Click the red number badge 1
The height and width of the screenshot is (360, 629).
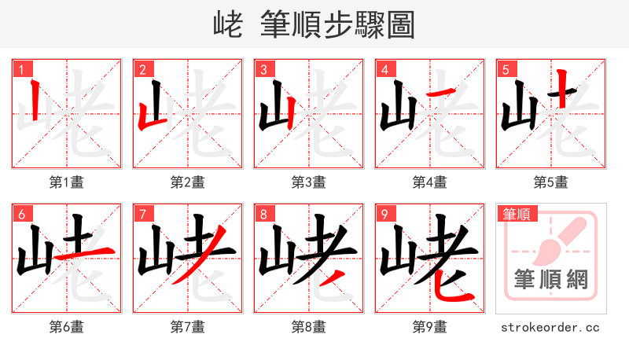20,69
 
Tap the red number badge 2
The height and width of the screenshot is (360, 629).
142,69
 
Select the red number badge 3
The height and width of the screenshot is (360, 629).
263,69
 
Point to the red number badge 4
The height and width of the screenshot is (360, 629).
384,69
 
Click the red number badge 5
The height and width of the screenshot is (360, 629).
505,69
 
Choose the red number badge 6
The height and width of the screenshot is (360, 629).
20,214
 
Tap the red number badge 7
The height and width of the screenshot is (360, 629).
142,214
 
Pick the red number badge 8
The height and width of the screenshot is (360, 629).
263,214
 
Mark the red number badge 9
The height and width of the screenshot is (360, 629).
384,214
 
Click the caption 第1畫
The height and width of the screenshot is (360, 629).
66,182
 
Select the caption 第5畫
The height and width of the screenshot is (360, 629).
550,182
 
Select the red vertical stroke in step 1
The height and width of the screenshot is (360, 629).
35,98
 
